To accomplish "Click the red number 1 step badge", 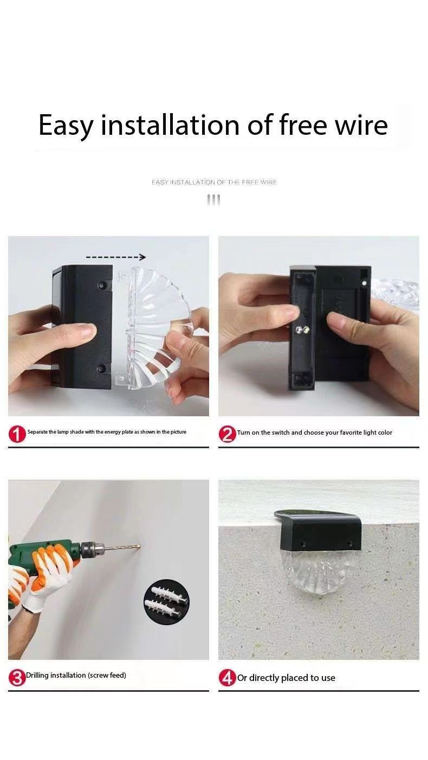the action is point(17,434).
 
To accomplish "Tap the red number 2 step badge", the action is point(227,434).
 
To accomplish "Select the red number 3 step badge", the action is point(17,678).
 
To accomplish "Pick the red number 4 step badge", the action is point(227,678).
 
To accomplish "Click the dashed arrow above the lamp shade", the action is point(116,257).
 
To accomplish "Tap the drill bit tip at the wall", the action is point(139,546).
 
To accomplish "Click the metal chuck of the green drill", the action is point(93,548).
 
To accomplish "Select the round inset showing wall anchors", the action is point(166,601).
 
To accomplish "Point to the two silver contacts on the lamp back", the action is point(302,329).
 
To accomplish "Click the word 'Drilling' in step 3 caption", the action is point(37,675).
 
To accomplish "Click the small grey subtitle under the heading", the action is point(214,182).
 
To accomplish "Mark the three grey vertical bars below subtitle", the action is point(213,200).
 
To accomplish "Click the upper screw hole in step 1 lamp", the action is point(101,284).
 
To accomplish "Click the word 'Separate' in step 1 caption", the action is point(37,432).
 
